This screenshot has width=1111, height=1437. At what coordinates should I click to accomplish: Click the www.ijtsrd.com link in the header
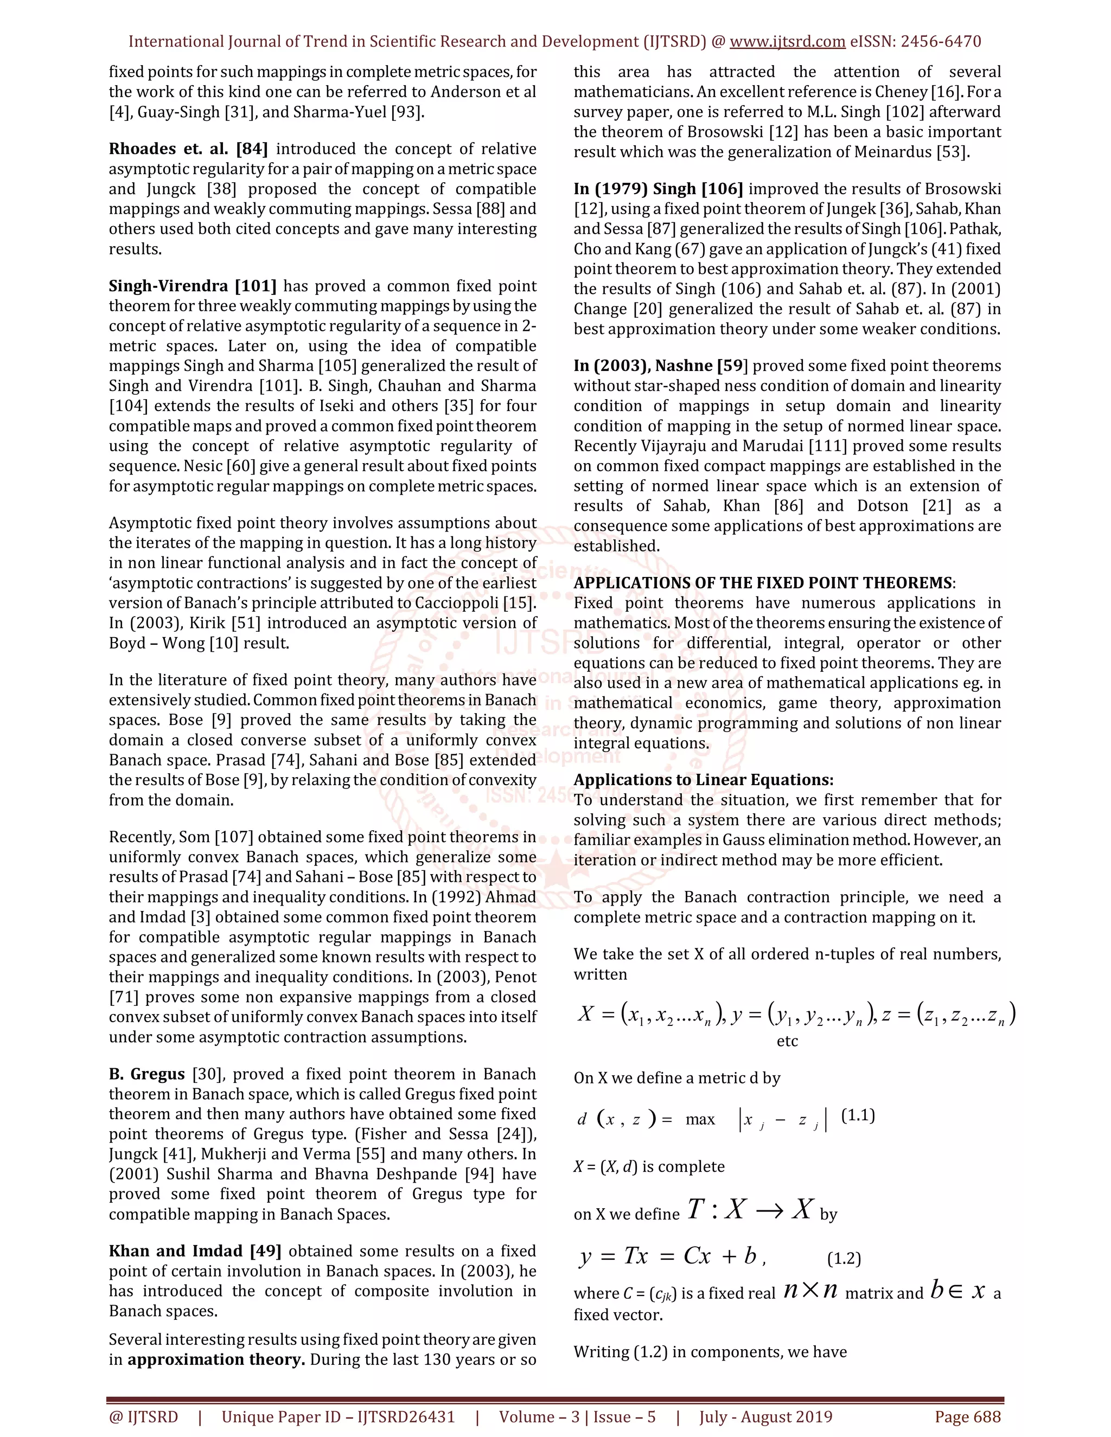click(x=787, y=41)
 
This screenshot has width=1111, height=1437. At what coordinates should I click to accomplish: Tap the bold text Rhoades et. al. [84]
click(x=188, y=149)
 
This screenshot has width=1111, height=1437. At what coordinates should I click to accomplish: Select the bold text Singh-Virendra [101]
click(x=192, y=286)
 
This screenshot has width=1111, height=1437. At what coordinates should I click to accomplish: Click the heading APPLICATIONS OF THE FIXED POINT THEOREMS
click(x=762, y=583)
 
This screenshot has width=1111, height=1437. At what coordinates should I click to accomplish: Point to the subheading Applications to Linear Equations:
click(x=703, y=780)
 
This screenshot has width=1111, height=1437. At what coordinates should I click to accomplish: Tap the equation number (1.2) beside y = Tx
click(x=843, y=1258)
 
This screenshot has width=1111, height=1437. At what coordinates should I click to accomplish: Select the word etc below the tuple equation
click(x=787, y=1041)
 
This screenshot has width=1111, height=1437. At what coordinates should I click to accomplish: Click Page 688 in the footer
click(x=968, y=1416)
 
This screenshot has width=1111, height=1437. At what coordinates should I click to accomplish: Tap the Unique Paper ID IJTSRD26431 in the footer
click(x=339, y=1416)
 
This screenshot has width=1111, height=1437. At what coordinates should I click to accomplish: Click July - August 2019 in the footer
click(x=765, y=1416)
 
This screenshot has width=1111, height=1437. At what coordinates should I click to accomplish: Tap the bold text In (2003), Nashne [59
click(x=661, y=366)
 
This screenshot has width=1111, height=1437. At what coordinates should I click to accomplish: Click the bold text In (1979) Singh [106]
click(x=658, y=189)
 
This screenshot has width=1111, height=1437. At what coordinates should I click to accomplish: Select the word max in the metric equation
click(x=700, y=1119)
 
